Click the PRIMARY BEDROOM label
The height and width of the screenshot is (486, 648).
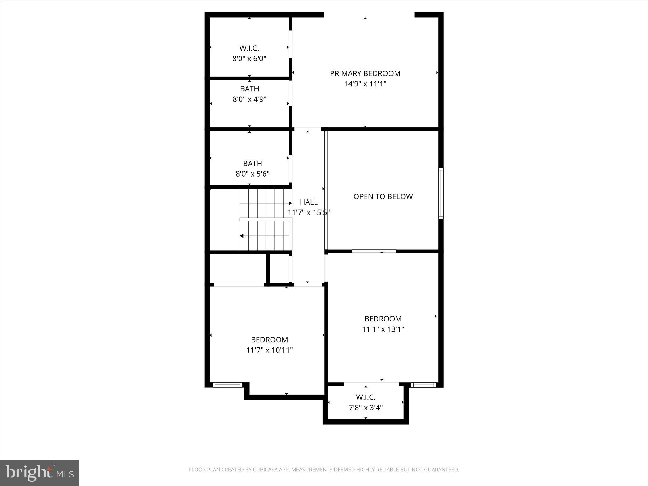click(365, 73)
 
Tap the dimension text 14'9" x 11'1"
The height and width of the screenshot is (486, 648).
click(365, 84)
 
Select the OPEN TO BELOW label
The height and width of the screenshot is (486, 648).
click(383, 196)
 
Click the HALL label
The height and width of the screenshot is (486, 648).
click(308, 202)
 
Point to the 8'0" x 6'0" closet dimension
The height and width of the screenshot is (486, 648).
click(249, 59)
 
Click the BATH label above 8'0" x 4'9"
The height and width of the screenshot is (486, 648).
click(249, 89)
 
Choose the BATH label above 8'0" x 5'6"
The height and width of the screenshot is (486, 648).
click(252, 164)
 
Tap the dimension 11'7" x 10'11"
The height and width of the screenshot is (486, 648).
click(270, 350)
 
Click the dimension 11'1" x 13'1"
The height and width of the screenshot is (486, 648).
click(383, 329)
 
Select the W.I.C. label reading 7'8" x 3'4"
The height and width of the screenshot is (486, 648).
click(365, 397)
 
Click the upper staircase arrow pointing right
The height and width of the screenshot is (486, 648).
click(290, 203)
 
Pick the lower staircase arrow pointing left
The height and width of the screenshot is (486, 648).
click(242, 236)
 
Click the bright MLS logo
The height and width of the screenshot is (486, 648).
click(40, 473)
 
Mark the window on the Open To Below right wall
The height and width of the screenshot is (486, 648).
click(441, 193)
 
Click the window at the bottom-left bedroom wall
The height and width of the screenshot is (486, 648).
click(227, 385)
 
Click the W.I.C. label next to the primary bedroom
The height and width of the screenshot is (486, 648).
click(249, 48)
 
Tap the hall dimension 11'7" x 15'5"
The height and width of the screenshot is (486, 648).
click(308, 212)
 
